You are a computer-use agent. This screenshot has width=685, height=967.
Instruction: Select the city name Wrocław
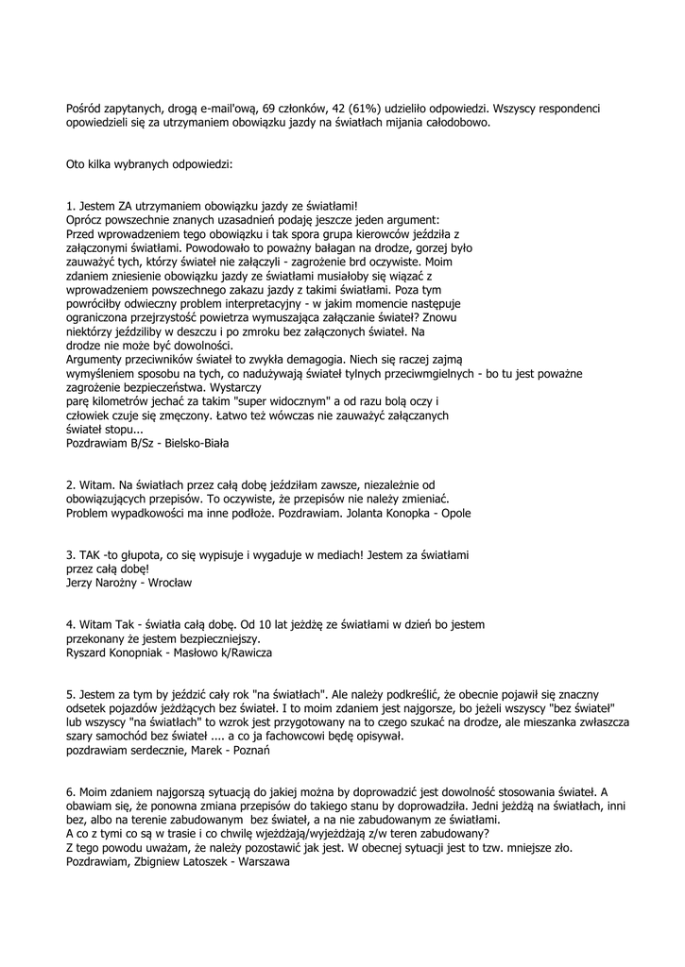click(x=171, y=584)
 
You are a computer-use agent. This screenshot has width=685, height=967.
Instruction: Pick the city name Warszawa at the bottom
click(x=265, y=861)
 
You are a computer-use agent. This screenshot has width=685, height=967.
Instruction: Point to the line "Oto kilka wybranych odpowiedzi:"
click(x=143, y=163)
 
